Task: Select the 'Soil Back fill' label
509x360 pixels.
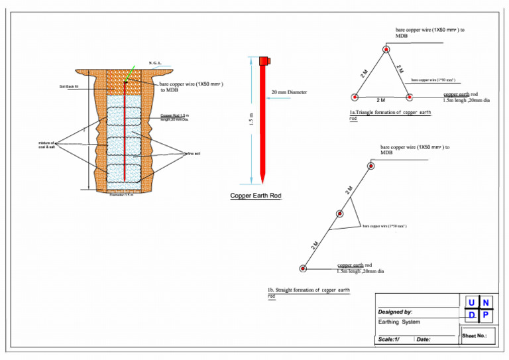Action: click(69, 86)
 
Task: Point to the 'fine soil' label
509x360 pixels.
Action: click(194, 153)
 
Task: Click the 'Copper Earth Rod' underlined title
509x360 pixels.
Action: click(256, 196)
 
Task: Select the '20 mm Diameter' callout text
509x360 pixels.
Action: click(289, 92)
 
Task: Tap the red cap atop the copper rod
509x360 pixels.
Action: click(264, 60)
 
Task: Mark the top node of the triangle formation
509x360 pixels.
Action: click(386, 48)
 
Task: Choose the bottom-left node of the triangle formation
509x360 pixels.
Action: click(354, 97)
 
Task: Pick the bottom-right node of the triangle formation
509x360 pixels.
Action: click(409, 97)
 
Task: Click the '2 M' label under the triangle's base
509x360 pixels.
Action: click(381, 101)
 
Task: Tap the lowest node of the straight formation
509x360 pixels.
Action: click(302, 269)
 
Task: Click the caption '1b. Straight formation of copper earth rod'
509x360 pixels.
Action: click(308, 292)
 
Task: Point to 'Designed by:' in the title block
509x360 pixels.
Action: click(395, 311)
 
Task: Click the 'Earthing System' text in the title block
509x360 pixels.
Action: click(398, 322)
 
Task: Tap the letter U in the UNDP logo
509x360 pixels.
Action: click(471, 303)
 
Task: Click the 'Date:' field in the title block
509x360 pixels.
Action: click(424, 339)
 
